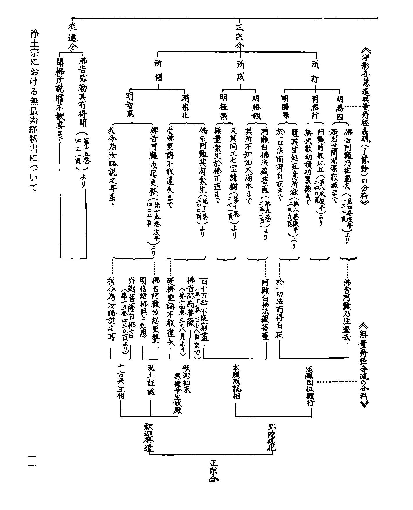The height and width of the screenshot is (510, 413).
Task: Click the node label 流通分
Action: pos(71,38)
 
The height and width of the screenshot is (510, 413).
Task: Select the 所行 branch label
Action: pos(315,71)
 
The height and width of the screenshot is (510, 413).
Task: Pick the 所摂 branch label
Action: pos(158,71)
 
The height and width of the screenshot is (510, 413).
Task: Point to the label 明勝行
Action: pos(315,106)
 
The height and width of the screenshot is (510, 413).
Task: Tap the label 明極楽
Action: pos(224,106)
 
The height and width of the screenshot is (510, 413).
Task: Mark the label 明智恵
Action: pos(130,105)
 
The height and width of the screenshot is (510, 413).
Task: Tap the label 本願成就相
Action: pos(236,381)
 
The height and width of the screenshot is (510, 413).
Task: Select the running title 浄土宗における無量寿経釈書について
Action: pos(34,110)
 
